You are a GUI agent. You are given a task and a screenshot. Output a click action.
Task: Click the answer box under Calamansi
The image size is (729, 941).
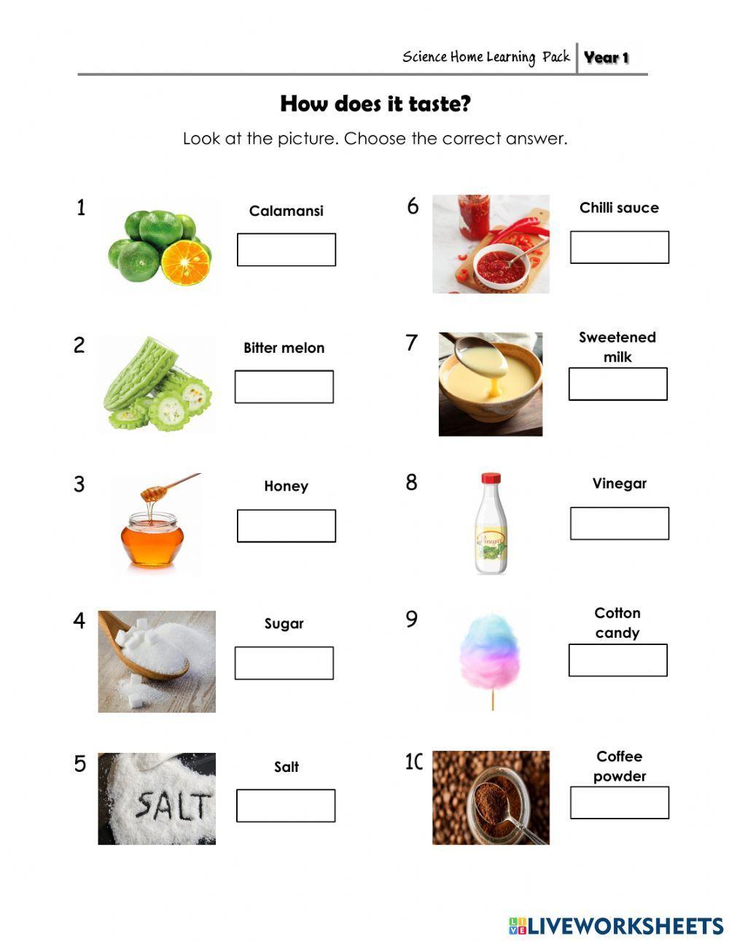click(x=286, y=249)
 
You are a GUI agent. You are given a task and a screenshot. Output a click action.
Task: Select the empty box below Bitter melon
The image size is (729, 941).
click(x=284, y=386)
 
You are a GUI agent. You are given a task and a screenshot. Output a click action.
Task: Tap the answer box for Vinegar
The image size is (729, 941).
click(x=619, y=523)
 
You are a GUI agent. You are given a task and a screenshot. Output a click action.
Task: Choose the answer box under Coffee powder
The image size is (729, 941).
click(x=619, y=803)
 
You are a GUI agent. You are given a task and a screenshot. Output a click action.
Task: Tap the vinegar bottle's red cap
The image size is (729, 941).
click(x=491, y=479)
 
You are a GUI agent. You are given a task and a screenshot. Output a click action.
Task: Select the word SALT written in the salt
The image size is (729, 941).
click(x=172, y=805)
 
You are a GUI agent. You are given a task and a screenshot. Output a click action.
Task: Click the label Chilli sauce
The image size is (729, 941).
click(x=619, y=208)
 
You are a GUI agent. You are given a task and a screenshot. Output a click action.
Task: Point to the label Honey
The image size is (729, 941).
click(x=286, y=486)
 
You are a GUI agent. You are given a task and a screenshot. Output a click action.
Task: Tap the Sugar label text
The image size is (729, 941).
click(x=284, y=623)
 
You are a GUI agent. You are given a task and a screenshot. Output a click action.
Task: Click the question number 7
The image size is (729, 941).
click(x=412, y=342)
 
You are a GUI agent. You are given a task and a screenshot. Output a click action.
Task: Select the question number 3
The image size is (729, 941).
click(x=79, y=484)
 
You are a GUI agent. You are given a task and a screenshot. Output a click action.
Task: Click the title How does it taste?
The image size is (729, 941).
click(x=375, y=104)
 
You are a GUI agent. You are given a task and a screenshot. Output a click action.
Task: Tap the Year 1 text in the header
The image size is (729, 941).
click(x=606, y=58)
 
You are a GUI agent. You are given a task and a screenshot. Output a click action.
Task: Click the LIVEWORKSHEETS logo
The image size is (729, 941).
click(x=616, y=926)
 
